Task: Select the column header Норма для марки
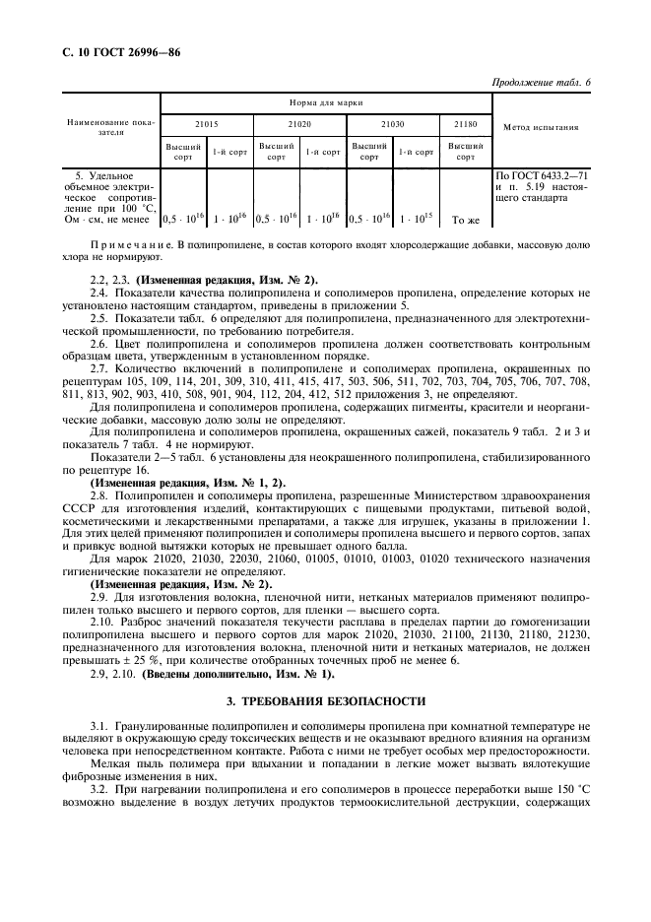click(x=326, y=102)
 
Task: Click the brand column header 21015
click(x=207, y=126)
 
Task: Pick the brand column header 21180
click(x=466, y=126)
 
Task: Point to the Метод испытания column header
click(x=541, y=127)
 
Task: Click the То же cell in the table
click(x=466, y=221)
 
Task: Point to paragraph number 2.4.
click(x=99, y=293)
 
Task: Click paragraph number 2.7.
click(x=99, y=365)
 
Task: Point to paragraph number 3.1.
click(x=99, y=726)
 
